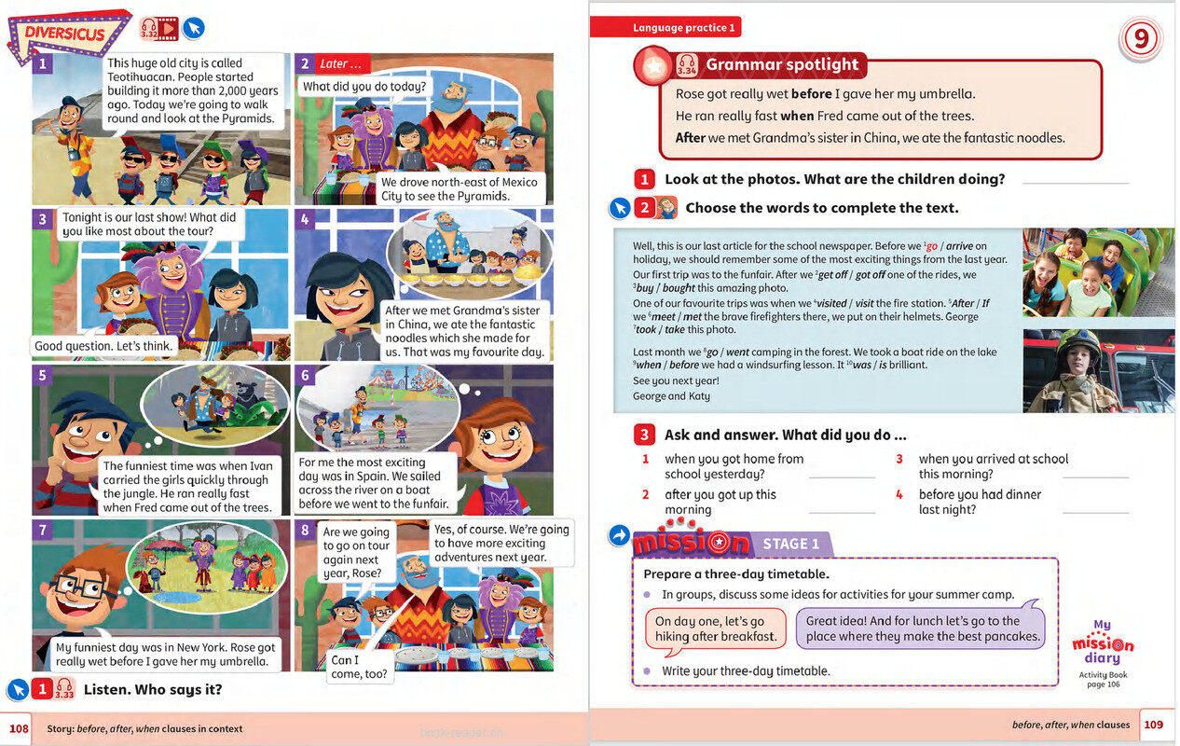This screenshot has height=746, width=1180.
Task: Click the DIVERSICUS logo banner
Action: [68, 35]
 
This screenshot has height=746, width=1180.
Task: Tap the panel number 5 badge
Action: [42, 376]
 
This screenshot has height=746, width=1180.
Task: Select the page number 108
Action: [19, 728]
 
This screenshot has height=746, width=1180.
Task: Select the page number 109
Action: [1154, 725]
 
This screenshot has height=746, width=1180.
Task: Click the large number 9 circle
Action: [1140, 40]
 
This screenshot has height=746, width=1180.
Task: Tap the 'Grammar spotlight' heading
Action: [782, 64]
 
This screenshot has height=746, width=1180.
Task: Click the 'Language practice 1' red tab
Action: [684, 28]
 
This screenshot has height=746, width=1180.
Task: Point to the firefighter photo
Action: [1098, 370]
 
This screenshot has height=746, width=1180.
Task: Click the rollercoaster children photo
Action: [1098, 273]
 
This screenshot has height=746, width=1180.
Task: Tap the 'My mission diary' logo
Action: [1103, 642]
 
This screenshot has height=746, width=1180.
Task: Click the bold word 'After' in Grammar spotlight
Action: [691, 138]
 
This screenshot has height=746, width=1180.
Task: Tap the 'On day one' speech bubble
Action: [715, 629]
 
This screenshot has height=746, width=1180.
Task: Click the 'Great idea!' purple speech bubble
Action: [921, 629]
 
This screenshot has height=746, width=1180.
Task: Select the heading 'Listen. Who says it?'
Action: [153, 690]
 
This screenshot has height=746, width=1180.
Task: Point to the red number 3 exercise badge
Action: [644, 435]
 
